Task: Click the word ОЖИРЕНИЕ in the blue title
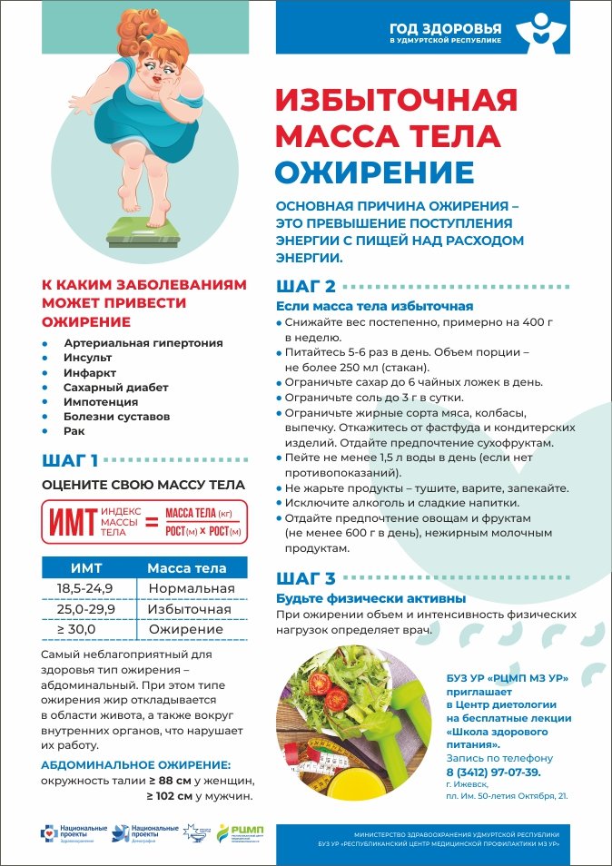(374, 172)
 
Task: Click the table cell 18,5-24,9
(84, 588)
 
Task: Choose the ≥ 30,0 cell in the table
(76, 629)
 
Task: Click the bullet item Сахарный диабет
(116, 387)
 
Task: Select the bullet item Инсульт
(87, 358)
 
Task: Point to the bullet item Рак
(74, 430)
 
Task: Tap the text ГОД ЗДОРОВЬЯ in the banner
(445, 27)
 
